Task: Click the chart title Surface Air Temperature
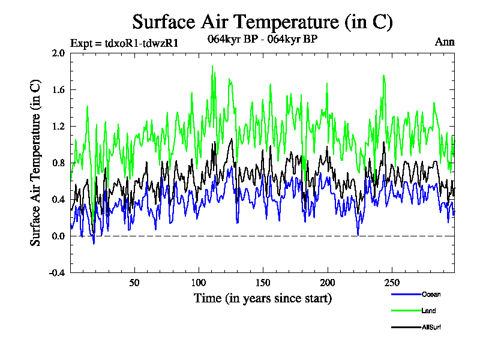tap(262, 22)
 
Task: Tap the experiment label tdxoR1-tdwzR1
tap(124, 43)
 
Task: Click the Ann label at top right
tap(445, 42)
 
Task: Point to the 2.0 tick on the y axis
tap(58, 53)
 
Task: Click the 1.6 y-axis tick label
tap(58, 89)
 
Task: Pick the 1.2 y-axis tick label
tap(58, 126)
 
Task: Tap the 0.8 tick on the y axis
tap(58, 163)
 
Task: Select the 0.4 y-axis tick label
tap(58, 199)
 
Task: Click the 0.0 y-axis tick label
tap(58, 236)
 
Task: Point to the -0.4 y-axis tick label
tap(57, 272)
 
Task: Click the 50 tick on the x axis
tap(134, 283)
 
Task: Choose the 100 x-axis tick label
tap(199, 283)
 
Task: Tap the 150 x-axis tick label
tap(263, 283)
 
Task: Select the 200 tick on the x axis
tap(328, 283)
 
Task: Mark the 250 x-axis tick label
tap(392, 283)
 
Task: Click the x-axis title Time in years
tap(262, 298)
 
